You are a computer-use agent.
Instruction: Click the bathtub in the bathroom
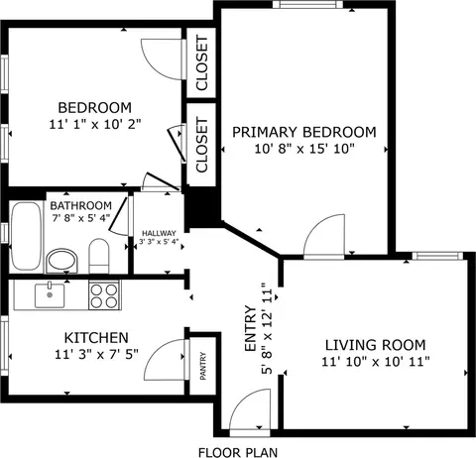pyautogui.click(x=27, y=236)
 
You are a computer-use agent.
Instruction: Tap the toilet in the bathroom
pyautogui.click(x=99, y=256)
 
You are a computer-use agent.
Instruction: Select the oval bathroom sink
pyautogui.click(x=61, y=261)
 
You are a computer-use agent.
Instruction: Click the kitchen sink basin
pyautogui.click(x=50, y=295)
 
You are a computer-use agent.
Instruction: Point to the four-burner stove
pyautogui.click(x=104, y=295)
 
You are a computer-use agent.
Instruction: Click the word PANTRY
pyautogui.click(x=203, y=366)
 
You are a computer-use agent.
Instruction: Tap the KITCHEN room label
pyautogui.click(x=96, y=338)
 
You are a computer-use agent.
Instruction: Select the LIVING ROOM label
pyautogui.click(x=376, y=345)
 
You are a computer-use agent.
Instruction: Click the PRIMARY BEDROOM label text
pyautogui.click(x=304, y=132)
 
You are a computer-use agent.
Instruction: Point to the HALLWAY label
pyautogui.click(x=159, y=233)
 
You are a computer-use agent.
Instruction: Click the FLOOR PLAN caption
pyautogui.click(x=238, y=452)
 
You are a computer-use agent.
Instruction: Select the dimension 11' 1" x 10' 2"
pyautogui.click(x=95, y=124)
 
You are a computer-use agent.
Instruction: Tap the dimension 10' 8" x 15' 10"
pyautogui.click(x=304, y=149)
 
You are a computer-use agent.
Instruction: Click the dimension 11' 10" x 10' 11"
pyautogui.click(x=376, y=362)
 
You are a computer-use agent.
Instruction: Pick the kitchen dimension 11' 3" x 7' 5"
pyautogui.click(x=96, y=355)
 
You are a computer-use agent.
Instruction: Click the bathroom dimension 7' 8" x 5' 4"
pyautogui.click(x=81, y=218)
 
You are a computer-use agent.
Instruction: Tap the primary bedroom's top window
pyautogui.click(x=308, y=4)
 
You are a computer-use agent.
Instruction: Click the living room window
pyautogui.click(x=437, y=256)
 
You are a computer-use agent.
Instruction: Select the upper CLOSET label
pyautogui.click(x=201, y=62)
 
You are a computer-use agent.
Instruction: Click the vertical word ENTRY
pyautogui.click(x=250, y=328)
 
